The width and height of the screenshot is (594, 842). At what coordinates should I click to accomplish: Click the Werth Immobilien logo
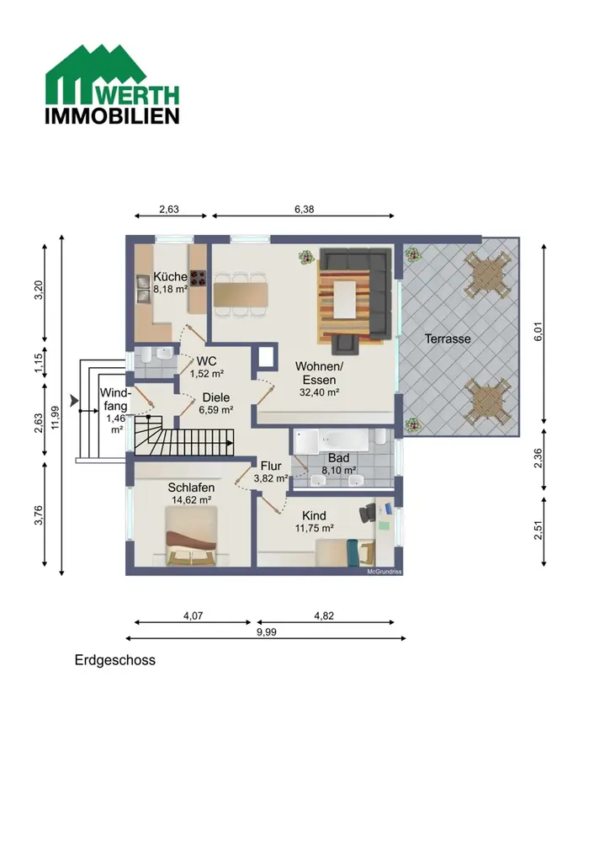point(112,85)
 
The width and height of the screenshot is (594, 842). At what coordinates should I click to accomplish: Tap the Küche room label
point(170,276)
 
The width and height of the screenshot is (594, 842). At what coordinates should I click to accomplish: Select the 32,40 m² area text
point(319,392)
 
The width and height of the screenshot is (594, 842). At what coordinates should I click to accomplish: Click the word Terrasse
point(448,338)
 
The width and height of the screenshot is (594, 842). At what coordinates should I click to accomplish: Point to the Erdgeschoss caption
point(114,660)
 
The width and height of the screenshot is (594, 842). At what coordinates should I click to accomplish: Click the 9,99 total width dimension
point(266,632)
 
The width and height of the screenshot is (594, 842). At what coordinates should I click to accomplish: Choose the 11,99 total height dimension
point(56,418)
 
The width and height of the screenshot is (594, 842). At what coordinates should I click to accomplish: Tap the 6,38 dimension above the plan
point(305,210)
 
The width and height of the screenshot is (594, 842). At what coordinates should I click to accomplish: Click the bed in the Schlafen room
point(192,536)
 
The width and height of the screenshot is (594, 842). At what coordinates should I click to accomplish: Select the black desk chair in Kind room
point(368,513)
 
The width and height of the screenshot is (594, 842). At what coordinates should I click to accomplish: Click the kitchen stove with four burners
point(198,278)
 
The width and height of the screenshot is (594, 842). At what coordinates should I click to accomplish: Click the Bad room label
point(338,458)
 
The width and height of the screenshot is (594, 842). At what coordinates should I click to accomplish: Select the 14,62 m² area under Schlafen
point(191,500)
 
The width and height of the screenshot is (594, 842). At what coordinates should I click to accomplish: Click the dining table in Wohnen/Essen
point(241,295)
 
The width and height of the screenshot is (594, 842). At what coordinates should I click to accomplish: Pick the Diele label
point(215,397)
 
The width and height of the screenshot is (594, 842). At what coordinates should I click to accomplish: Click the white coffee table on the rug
point(346,299)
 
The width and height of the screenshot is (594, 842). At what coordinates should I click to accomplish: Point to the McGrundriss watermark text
point(385,572)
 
